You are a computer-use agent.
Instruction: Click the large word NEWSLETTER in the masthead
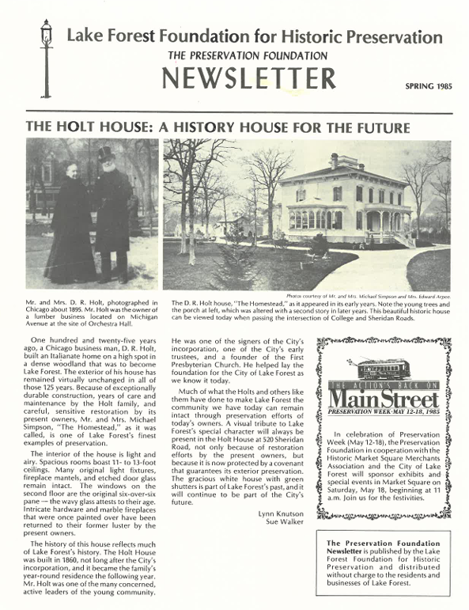(249, 78)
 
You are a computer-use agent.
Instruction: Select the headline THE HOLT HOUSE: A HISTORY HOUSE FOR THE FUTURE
(218, 127)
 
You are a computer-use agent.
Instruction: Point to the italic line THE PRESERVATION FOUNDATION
(248, 56)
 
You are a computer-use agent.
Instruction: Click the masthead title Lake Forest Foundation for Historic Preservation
(254, 36)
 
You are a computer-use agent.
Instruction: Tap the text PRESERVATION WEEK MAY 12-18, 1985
(383, 412)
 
